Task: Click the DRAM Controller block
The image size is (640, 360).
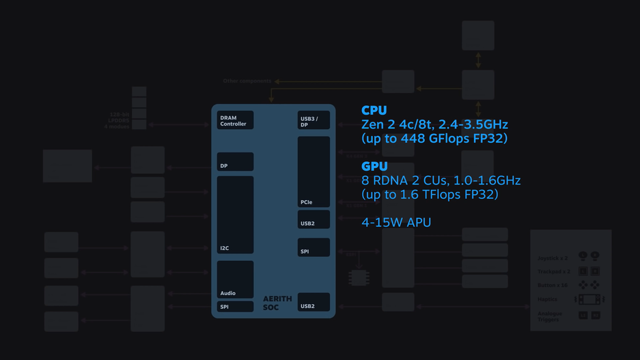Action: click(x=235, y=120)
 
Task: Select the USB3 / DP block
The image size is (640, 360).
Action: click(x=314, y=121)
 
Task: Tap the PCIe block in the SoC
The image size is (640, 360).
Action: click(x=314, y=172)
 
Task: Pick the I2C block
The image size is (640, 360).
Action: click(x=235, y=215)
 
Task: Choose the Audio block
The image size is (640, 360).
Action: click(x=235, y=279)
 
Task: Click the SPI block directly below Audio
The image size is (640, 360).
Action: click(x=235, y=307)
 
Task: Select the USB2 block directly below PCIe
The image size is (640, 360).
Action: click(x=314, y=220)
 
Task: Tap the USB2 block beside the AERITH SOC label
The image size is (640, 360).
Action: click(x=314, y=303)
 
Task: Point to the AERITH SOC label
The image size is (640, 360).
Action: click(x=277, y=303)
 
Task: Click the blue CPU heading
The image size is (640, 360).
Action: click(x=374, y=111)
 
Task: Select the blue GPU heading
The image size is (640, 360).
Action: click(x=374, y=166)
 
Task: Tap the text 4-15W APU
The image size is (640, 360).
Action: click(x=396, y=223)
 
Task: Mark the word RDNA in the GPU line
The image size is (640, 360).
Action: click(x=391, y=180)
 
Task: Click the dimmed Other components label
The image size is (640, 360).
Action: click(x=247, y=81)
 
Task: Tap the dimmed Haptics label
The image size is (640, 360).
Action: click(x=548, y=299)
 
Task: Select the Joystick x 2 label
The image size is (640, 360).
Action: click(x=553, y=258)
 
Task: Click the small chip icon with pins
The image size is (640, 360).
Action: click(x=359, y=277)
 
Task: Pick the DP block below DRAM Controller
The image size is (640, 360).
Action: click(x=235, y=162)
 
